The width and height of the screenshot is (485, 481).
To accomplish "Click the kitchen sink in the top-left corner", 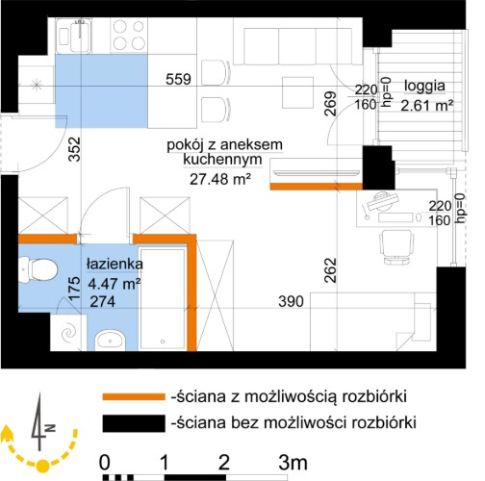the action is click(73, 36).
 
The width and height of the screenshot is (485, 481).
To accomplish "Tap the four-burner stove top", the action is click(129, 36).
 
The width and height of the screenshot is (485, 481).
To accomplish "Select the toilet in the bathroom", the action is click(38, 270).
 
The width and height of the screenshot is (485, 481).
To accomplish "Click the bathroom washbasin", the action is click(110, 339).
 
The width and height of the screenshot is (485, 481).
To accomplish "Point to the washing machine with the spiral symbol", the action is click(68, 333).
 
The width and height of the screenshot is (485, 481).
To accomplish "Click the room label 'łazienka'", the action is click(115, 265).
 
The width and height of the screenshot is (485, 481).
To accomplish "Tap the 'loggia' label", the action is click(424, 87).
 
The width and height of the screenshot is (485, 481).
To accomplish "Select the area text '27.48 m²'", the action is click(220, 179).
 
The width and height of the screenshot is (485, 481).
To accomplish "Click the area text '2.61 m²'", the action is click(427, 106).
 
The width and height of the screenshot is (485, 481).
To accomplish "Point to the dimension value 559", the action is click(178, 79).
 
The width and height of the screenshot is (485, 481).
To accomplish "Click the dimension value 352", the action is click(75, 149).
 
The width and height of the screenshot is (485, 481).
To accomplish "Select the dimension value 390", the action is click(291, 301).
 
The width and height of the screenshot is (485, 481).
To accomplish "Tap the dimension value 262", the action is click(330, 270).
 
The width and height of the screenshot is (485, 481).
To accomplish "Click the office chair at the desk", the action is click(396, 247).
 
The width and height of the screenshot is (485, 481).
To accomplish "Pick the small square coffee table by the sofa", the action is click(297, 92).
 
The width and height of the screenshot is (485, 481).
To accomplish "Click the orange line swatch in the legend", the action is click(134, 397).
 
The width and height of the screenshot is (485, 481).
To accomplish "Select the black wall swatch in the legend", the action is click(134, 423).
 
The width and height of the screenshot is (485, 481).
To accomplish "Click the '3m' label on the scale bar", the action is click(293, 463).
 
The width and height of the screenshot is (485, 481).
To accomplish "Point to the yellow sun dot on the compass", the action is click(42, 466).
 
